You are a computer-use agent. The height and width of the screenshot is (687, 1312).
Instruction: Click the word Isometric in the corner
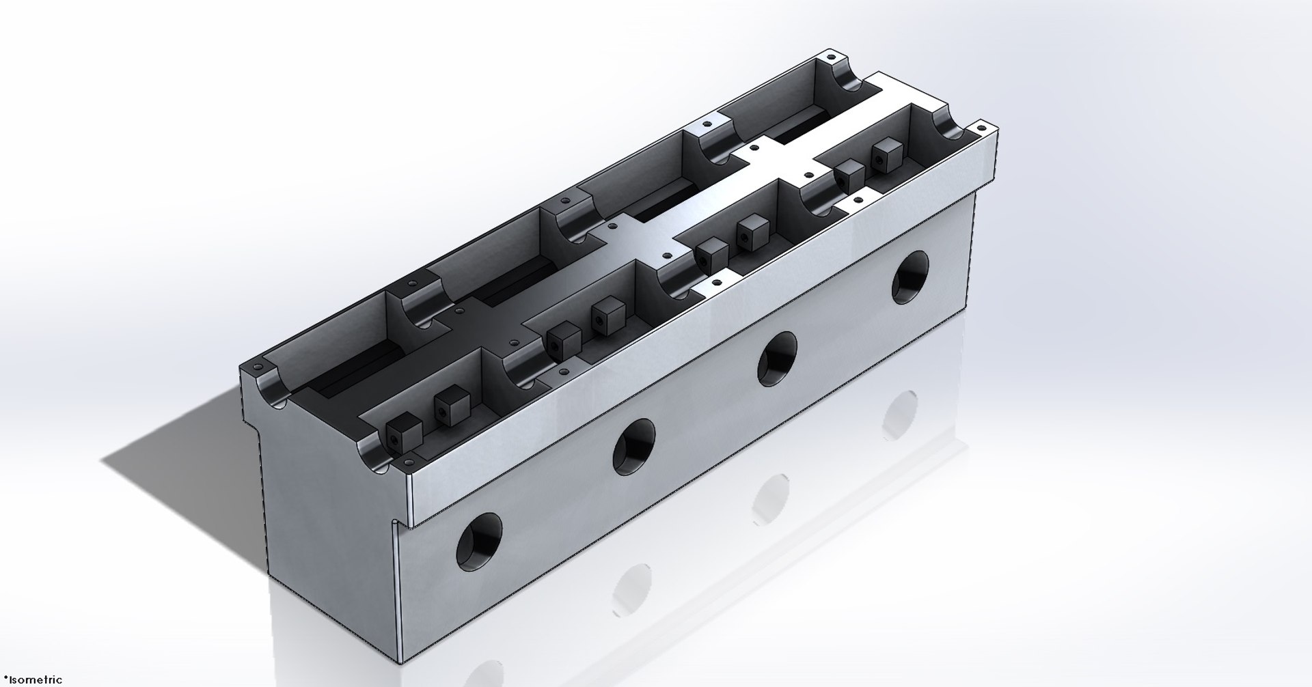click(x=34, y=679)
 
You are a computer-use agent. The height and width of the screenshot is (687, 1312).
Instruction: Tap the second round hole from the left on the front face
click(x=633, y=447)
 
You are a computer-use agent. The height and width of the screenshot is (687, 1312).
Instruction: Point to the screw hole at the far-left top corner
click(x=831, y=53)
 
